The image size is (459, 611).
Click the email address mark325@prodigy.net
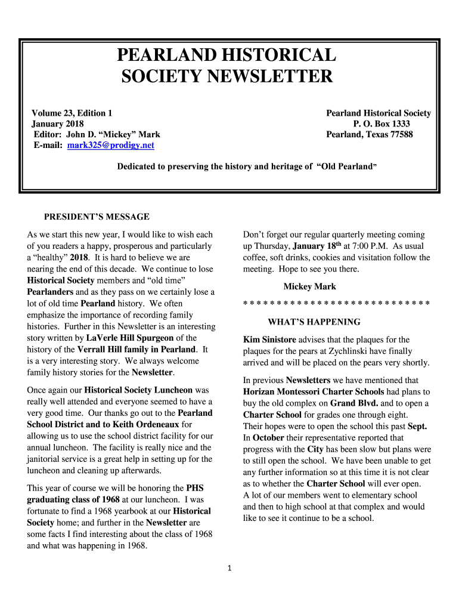point(111,145)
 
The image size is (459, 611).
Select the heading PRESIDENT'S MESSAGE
point(97,217)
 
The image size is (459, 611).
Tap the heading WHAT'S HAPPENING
point(314,322)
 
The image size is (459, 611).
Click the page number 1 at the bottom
point(229,568)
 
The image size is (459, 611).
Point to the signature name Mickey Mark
point(310,287)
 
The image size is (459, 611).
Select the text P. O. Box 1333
point(382,124)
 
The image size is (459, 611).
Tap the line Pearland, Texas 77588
point(370,135)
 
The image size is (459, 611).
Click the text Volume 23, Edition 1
point(72,113)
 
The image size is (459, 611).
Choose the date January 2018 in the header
point(57,124)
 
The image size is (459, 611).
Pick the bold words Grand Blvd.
point(354,403)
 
